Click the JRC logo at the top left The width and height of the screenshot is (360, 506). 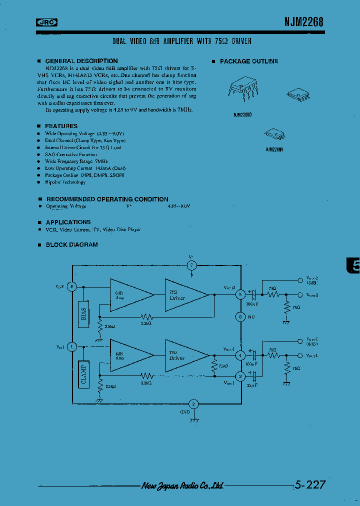click(x=47, y=21)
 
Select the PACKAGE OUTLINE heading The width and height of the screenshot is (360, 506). click(x=249, y=61)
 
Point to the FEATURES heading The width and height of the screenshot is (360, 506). click(x=61, y=126)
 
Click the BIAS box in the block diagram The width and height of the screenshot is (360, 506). click(x=84, y=313)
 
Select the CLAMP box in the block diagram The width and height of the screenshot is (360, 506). click(x=84, y=374)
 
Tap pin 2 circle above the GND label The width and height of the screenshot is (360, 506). click(x=194, y=404)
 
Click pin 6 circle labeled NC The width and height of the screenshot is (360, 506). click(x=240, y=316)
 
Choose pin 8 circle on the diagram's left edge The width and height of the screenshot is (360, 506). click(x=72, y=287)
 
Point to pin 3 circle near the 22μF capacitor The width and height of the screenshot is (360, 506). click(x=240, y=375)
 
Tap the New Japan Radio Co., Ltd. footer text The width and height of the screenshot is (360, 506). click(x=182, y=485)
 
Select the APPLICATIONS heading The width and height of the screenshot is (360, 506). click(x=68, y=222)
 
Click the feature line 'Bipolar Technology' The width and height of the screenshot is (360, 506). click(x=65, y=182)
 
